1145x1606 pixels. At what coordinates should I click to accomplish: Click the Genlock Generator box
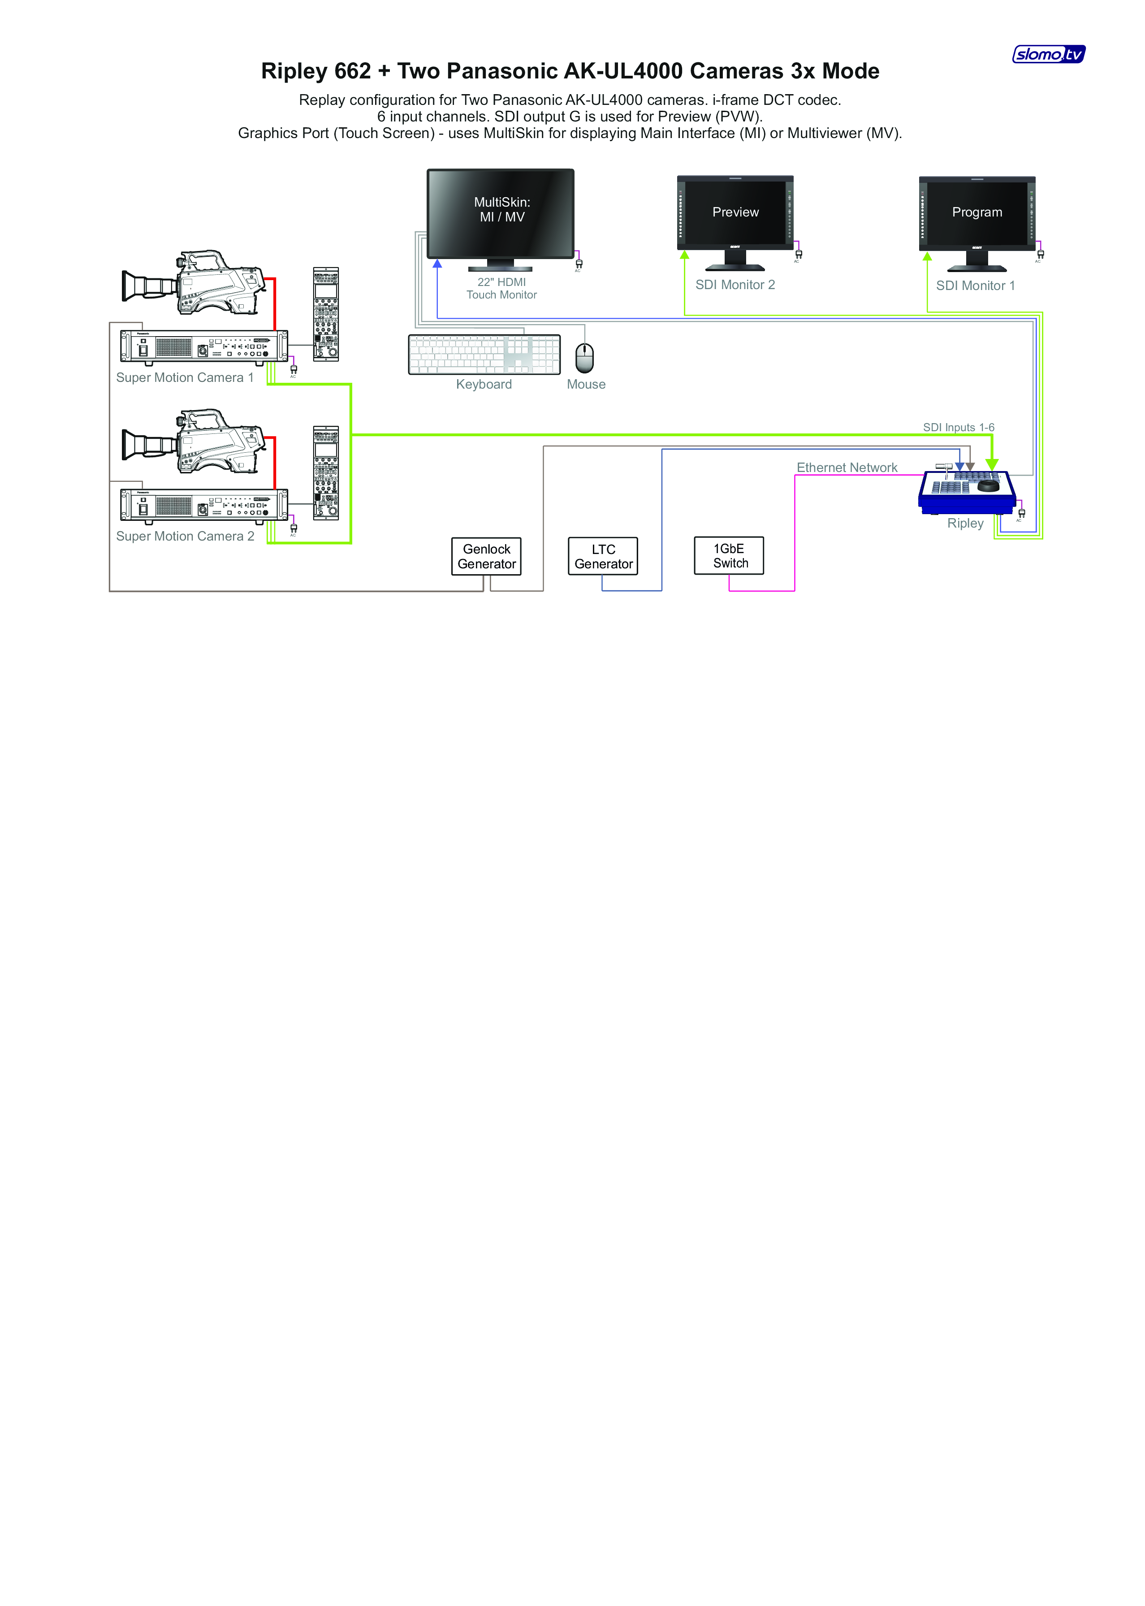[487, 556]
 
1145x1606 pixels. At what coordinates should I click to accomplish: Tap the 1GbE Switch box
[729, 555]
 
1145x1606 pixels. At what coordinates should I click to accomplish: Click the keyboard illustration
[484, 355]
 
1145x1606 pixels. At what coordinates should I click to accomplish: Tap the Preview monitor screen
[735, 212]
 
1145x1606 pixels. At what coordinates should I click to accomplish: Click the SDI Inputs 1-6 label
[959, 427]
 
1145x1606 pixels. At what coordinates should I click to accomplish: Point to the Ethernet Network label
[847, 468]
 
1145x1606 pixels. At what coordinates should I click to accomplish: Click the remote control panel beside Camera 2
[326, 473]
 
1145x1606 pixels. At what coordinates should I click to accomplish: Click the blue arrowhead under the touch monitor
[437, 264]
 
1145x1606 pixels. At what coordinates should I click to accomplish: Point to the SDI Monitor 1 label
[976, 286]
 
